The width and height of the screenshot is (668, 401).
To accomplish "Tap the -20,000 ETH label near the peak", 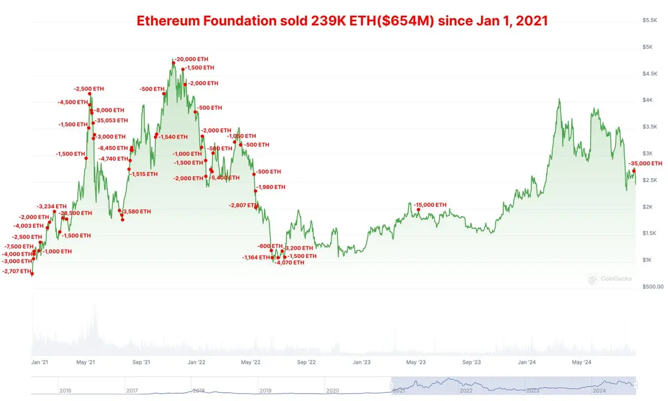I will pos(193,59).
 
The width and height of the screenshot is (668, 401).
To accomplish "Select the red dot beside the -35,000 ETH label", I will pos(633,170).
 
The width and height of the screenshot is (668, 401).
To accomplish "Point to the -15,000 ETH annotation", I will pos(430,205).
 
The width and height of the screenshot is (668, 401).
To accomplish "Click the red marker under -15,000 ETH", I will pos(418,210).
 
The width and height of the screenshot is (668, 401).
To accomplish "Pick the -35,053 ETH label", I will pos(112,120).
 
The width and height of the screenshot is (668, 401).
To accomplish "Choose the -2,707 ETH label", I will pos(17,271).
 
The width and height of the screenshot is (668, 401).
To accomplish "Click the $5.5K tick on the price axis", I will pos(650,20).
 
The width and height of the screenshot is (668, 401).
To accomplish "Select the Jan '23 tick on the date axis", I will pos(362,362).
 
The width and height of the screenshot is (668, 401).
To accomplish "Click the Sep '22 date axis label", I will pos(307,362).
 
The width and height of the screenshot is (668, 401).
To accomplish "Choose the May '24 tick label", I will pos(582,362).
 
